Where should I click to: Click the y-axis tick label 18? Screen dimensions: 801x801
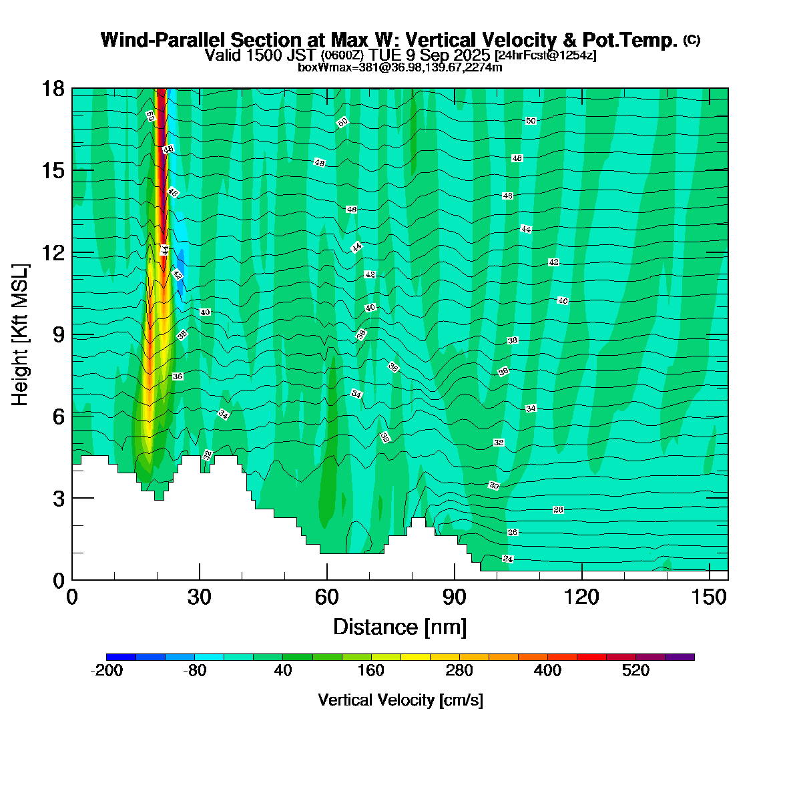coord(53,89)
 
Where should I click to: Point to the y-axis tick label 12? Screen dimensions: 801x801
coord(53,253)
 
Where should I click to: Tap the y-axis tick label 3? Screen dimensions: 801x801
coord(58,499)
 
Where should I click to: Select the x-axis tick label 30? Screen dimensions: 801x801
coord(200,597)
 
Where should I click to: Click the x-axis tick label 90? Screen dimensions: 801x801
coord(455,597)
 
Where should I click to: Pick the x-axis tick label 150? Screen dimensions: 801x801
coord(710,597)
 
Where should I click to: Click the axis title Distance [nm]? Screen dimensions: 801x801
coord(400,627)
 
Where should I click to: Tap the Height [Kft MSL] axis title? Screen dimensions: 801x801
coord(21,334)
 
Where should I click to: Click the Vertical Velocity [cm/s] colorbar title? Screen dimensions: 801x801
coord(400,700)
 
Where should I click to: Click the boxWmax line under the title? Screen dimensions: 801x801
coord(400,67)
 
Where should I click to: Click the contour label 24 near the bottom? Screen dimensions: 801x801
coord(508,559)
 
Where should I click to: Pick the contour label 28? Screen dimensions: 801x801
coord(559,510)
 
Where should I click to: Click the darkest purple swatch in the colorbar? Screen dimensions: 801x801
coord(680,657)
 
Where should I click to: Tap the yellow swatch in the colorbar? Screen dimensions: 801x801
coord(415,657)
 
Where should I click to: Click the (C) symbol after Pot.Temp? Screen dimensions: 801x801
coord(692,40)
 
